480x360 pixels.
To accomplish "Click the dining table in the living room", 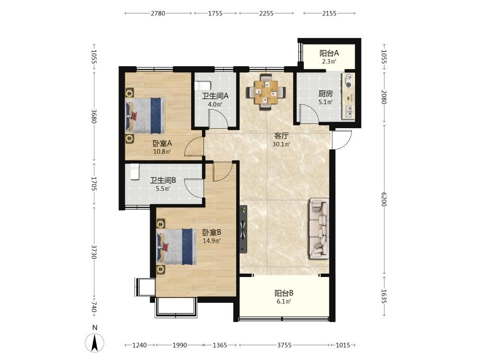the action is (x=266, y=92).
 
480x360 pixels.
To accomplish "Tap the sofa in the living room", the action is (x=319, y=228).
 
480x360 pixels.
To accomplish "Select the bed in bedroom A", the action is (x=145, y=115).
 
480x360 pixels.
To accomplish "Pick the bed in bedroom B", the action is (x=177, y=246).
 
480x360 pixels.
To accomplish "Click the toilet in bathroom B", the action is (x=135, y=171).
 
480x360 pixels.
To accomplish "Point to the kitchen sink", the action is (x=348, y=112).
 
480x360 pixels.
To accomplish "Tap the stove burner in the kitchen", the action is (x=348, y=81).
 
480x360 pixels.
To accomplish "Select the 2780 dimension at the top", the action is (x=158, y=13).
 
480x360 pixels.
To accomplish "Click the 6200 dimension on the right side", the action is (x=384, y=199).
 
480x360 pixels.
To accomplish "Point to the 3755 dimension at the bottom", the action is (x=284, y=345).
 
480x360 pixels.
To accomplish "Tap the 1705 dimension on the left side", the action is (x=94, y=184).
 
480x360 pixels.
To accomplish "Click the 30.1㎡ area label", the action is (x=281, y=144).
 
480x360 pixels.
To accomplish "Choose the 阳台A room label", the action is (x=329, y=53).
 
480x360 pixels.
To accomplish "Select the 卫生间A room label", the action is (x=215, y=96).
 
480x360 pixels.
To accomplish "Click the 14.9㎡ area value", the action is (x=212, y=240).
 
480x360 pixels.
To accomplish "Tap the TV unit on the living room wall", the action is (x=243, y=228).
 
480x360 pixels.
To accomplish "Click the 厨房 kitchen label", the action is (x=325, y=94).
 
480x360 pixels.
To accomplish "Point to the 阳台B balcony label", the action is (x=284, y=293).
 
